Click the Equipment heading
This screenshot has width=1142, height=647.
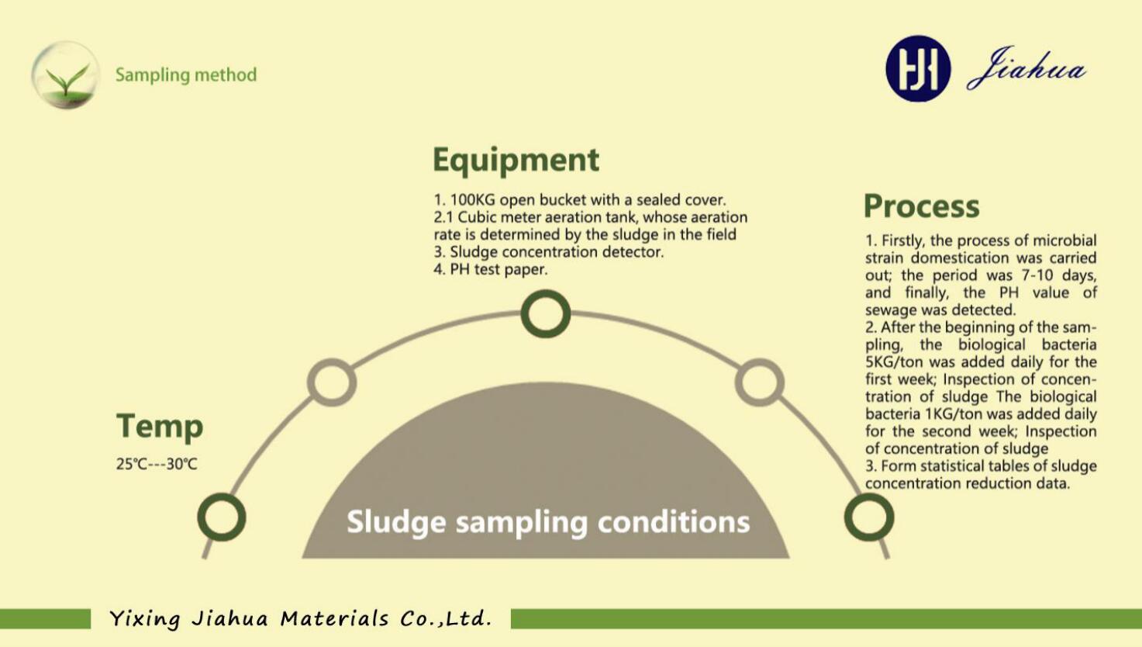516,161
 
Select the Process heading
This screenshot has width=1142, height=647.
921,206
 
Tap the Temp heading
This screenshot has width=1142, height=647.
160,427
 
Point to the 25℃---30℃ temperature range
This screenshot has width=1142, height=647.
157,465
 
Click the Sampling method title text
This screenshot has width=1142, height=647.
186,75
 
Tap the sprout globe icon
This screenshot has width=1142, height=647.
65,74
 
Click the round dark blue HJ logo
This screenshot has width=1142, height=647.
918,68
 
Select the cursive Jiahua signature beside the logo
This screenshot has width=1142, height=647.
1026,69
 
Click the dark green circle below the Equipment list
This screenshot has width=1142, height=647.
546,290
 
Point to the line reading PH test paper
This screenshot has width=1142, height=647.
491,269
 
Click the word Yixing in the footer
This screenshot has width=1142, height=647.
145,618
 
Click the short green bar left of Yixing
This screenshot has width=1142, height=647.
46,619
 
